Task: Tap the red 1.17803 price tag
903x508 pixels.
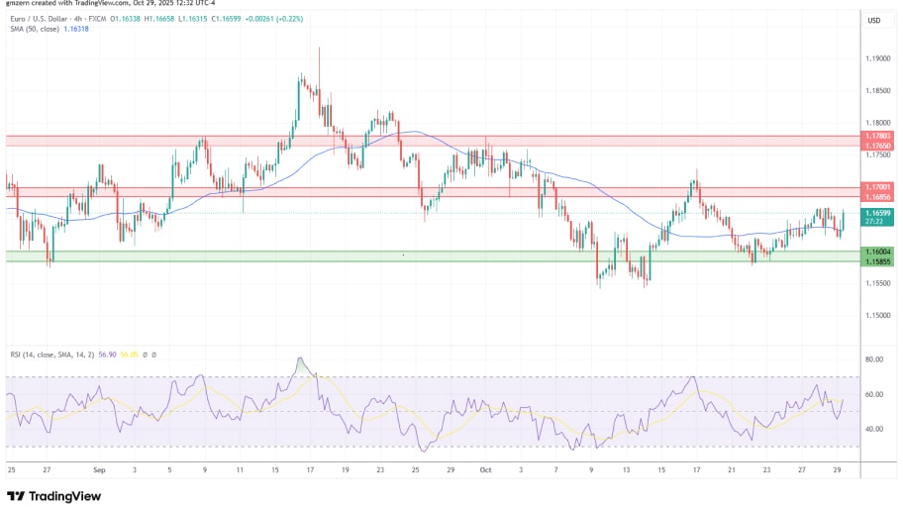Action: point(878,136)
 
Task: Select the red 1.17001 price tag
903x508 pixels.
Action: point(878,186)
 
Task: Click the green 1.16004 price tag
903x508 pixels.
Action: point(878,252)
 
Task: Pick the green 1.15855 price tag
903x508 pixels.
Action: point(878,261)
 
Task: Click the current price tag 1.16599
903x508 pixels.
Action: point(878,213)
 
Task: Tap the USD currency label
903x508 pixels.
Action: point(874,21)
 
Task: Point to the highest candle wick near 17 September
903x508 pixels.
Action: point(319,48)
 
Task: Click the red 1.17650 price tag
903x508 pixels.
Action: point(878,146)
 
